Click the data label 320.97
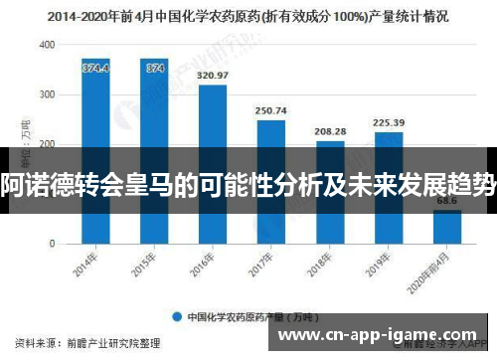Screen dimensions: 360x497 [x=213, y=75]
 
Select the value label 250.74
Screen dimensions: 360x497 [x=270, y=110]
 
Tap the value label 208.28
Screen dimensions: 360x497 [x=330, y=131]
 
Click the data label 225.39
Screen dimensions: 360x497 [x=389, y=122]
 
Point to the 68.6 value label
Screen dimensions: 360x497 [x=447, y=202]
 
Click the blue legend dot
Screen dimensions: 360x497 [x=176, y=318]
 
